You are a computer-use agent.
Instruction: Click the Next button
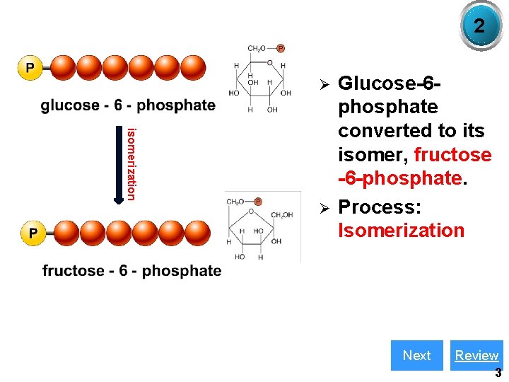coord(416,355)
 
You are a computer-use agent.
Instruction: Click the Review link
coord(476,355)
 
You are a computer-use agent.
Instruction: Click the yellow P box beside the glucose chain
coord(30,68)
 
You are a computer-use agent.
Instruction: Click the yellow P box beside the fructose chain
coord(33,232)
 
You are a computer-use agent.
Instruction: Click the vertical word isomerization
coord(131,163)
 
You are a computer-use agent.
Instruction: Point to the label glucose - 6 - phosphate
coord(128,105)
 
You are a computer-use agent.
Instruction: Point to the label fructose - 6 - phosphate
coord(131,270)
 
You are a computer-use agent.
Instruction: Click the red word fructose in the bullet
coord(452,154)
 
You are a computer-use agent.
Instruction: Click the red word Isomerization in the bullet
coord(401,231)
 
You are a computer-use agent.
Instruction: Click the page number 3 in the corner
coord(498,373)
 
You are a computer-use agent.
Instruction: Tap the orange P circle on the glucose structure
coord(280,48)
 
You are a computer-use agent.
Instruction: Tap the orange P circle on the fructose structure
coord(258,202)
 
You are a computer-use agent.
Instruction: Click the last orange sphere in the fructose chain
coord(197,232)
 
